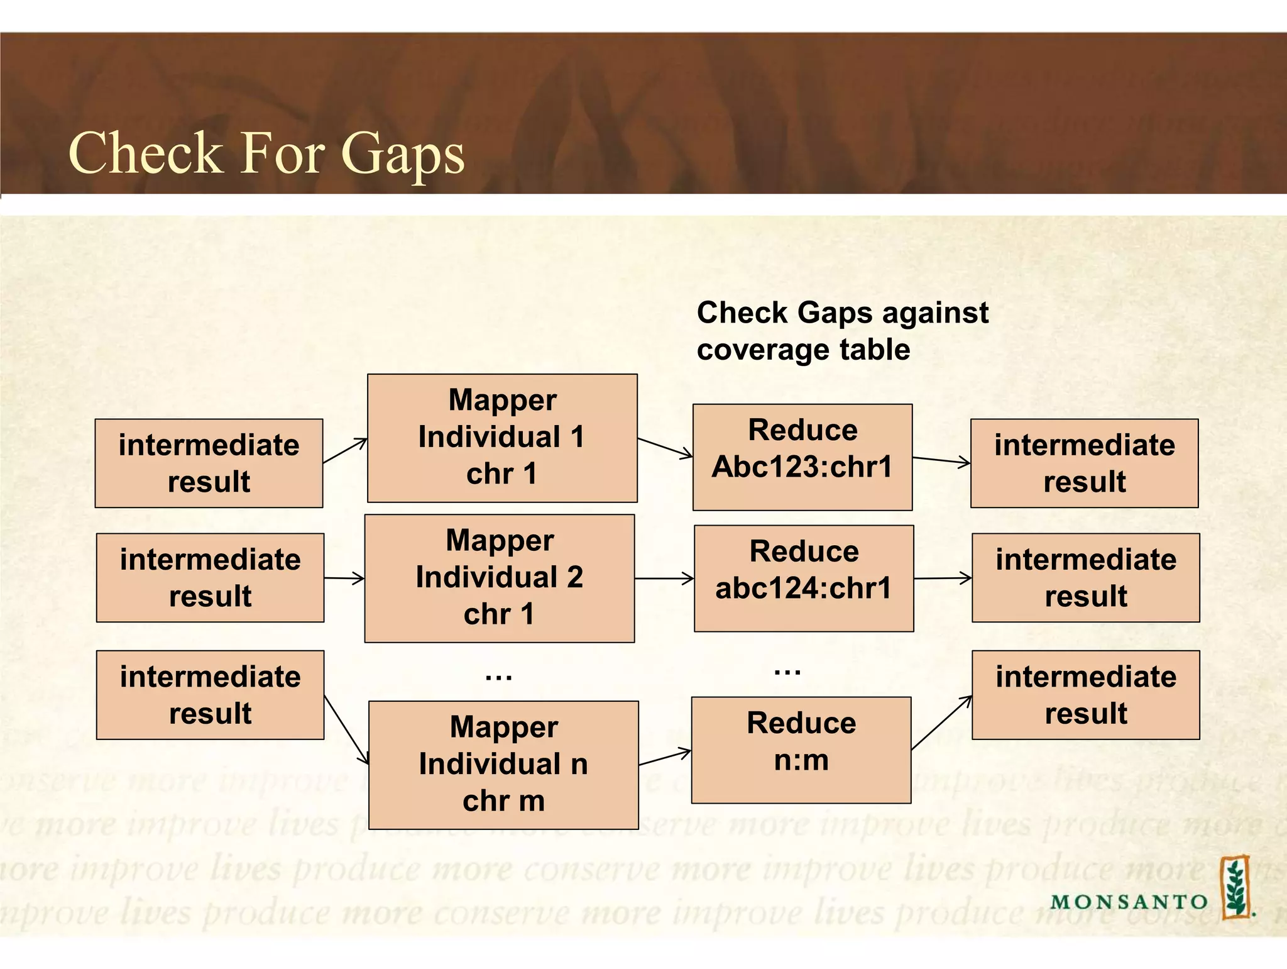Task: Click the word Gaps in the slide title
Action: click(402, 154)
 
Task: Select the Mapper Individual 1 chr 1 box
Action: click(502, 438)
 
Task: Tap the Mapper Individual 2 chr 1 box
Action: click(500, 578)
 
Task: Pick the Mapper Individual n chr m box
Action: click(503, 765)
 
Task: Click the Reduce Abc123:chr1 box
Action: click(802, 457)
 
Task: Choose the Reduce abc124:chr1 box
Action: click(804, 578)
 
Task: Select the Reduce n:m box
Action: click(801, 750)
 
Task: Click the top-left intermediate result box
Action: click(209, 463)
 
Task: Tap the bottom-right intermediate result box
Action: click(1085, 694)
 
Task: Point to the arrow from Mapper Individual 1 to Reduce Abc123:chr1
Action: click(665, 448)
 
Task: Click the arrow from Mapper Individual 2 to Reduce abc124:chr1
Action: click(664, 579)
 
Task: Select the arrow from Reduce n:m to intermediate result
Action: click(941, 723)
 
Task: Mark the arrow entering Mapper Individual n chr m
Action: click(346, 730)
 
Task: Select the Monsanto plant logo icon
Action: click(1235, 887)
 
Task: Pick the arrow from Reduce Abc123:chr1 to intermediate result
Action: click(941, 461)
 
